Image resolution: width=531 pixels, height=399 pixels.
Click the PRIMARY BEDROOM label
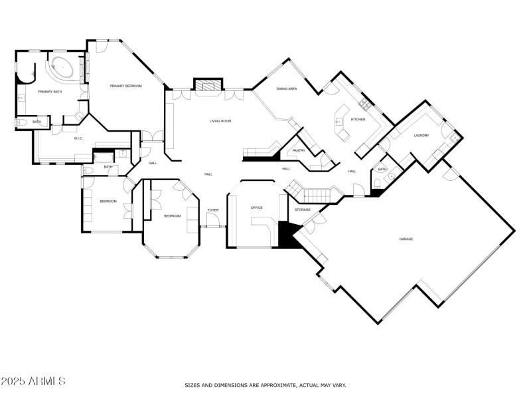pos(125,86)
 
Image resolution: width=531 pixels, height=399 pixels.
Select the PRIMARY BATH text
pos(49,92)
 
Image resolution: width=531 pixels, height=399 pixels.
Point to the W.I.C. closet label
pos(78,138)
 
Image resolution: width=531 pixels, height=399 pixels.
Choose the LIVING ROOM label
pos(220,121)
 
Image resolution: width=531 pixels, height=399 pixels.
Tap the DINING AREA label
pos(286,88)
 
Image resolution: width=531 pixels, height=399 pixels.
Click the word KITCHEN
pos(358,119)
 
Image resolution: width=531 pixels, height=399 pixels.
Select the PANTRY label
pos(299,152)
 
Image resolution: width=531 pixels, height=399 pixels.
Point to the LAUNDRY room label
pos(421,136)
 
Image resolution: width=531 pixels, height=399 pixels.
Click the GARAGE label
pos(406,238)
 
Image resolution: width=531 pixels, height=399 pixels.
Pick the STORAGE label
pos(303,209)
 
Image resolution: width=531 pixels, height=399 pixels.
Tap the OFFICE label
pos(256,207)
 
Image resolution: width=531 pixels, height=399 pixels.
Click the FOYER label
pos(212,210)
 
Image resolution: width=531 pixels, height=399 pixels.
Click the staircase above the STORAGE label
pos(312,194)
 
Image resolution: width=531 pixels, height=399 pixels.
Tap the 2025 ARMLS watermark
pos(33,382)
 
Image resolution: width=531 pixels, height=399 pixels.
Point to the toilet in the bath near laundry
pos(392,177)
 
